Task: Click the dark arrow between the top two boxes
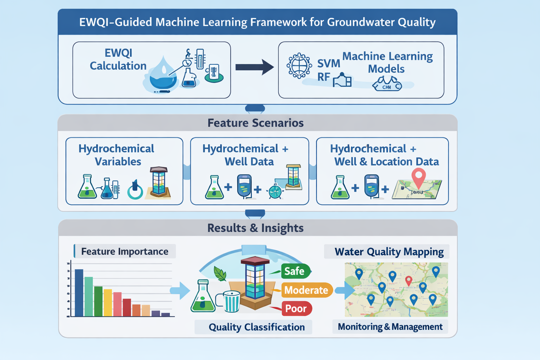[254, 67]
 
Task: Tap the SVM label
[328, 64]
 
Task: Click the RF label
[323, 77]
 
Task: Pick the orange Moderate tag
[306, 290]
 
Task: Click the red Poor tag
[296, 309]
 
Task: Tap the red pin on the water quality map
[409, 281]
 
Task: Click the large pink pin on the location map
[418, 177]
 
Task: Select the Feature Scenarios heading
[256, 123]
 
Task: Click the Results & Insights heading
[256, 228]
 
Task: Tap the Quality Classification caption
[257, 327]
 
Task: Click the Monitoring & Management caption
[390, 327]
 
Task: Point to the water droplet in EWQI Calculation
[163, 76]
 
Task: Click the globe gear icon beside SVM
[299, 65]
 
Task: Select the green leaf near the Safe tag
[220, 274]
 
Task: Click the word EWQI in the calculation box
[118, 53]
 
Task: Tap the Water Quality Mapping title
[389, 252]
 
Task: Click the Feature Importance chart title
[124, 251]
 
